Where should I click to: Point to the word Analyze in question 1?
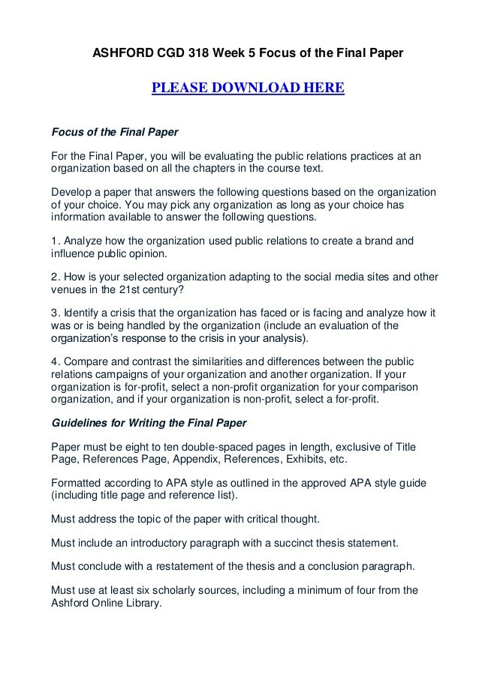(83, 241)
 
